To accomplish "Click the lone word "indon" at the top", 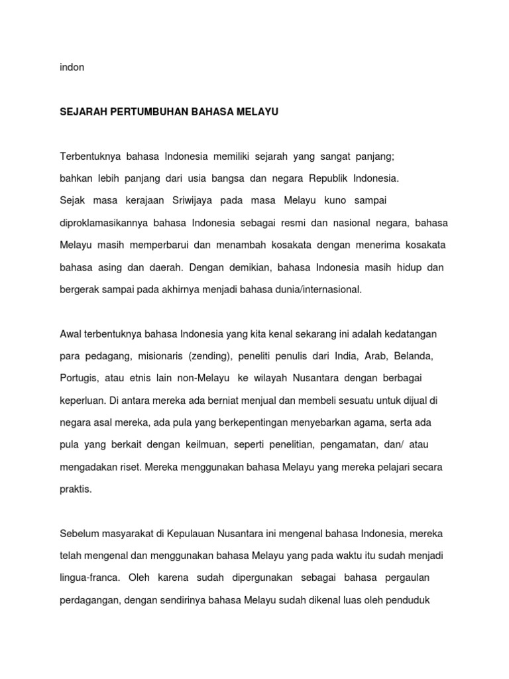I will pyautogui.click(x=72, y=68).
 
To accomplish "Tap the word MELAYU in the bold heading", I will pyautogui.click(x=259, y=113).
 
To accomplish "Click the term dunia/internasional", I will pyautogui.click(x=317, y=290).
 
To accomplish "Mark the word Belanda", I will pyautogui.click(x=413, y=356).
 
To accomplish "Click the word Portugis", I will pyautogui.click(x=79, y=378).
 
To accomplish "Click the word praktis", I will pyautogui.click(x=76, y=489).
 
